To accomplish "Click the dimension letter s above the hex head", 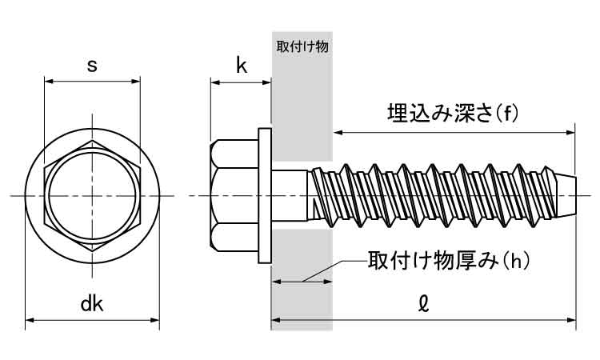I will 92,66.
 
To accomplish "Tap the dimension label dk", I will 92,304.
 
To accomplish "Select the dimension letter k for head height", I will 241,66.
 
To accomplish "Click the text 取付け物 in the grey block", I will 302,46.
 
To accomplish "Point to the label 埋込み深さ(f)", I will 453,114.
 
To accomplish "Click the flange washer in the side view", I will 265,195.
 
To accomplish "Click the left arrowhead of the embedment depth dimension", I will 338,130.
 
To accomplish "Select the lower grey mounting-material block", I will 302,280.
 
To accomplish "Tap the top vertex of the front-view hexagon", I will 92,141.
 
